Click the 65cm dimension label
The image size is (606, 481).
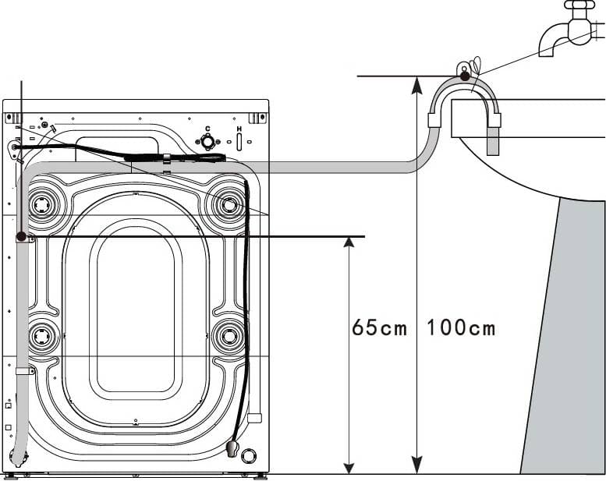coord(379,327)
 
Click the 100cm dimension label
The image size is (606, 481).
coord(460,327)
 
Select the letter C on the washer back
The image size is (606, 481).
coord(207,129)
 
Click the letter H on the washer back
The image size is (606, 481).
coord(239,129)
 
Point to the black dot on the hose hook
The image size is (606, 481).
coord(464,76)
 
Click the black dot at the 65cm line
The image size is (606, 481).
coord(20,235)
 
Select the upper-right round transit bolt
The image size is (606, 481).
coord(228,205)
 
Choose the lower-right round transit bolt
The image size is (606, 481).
coord(228,337)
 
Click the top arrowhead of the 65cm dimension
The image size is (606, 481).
coord(349,242)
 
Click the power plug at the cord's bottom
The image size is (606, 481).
coord(231,449)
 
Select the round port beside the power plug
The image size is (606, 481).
coord(249,455)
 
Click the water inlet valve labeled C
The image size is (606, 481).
coord(207,142)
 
